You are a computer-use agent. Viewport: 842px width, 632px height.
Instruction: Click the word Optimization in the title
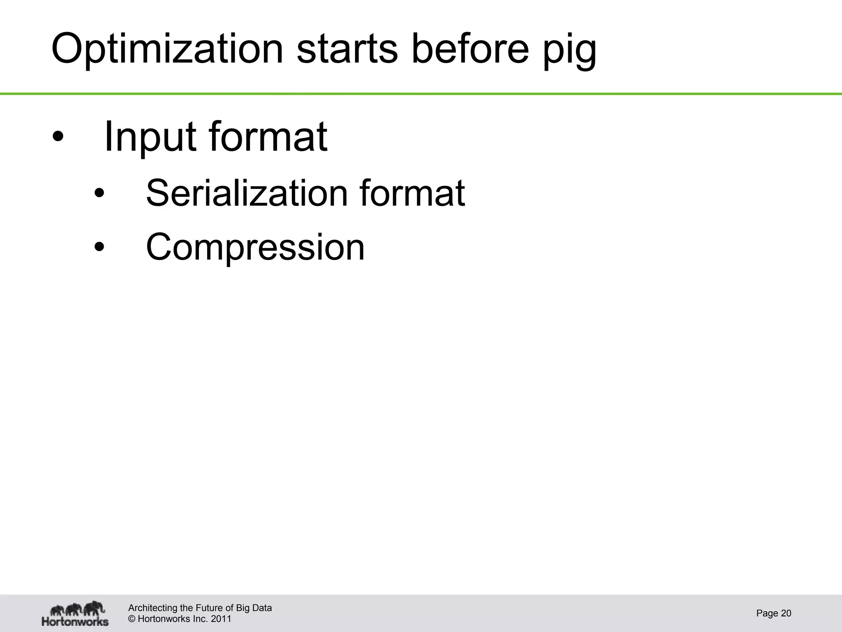(x=167, y=49)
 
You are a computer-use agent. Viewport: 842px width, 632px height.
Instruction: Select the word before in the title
(x=470, y=49)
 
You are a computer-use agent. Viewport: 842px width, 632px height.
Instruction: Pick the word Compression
(x=255, y=247)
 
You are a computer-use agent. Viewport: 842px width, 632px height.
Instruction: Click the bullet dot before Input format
(x=58, y=137)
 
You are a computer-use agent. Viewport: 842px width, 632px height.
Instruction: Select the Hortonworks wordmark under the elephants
(x=75, y=621)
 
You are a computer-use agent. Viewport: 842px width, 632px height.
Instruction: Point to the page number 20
(x=786, y=613)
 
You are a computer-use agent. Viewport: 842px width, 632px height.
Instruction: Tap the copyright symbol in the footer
(x=132, y=619)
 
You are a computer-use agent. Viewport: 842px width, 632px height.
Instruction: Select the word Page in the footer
(x=767, y=613)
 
